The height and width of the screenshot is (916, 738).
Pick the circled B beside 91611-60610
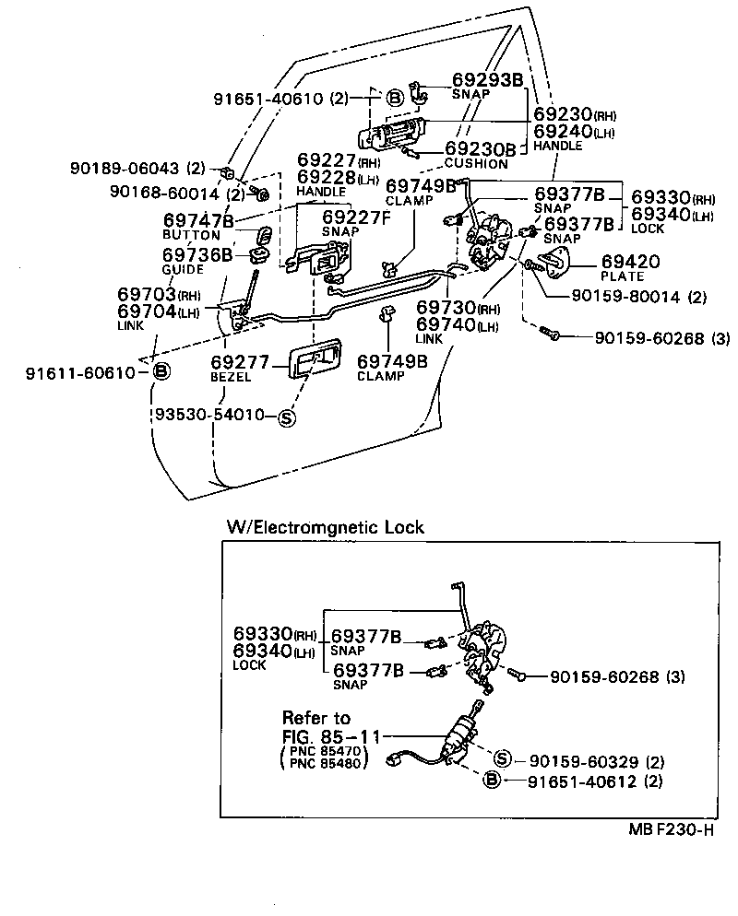click(x=161, y=371)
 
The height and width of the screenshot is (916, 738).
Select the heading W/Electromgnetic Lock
click(x=326, y=527)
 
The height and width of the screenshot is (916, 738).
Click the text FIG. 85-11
click(x=328, y=736)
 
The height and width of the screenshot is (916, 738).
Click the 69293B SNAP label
click(x=487, y=85)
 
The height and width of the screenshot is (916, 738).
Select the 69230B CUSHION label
click(x=480, y=154)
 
